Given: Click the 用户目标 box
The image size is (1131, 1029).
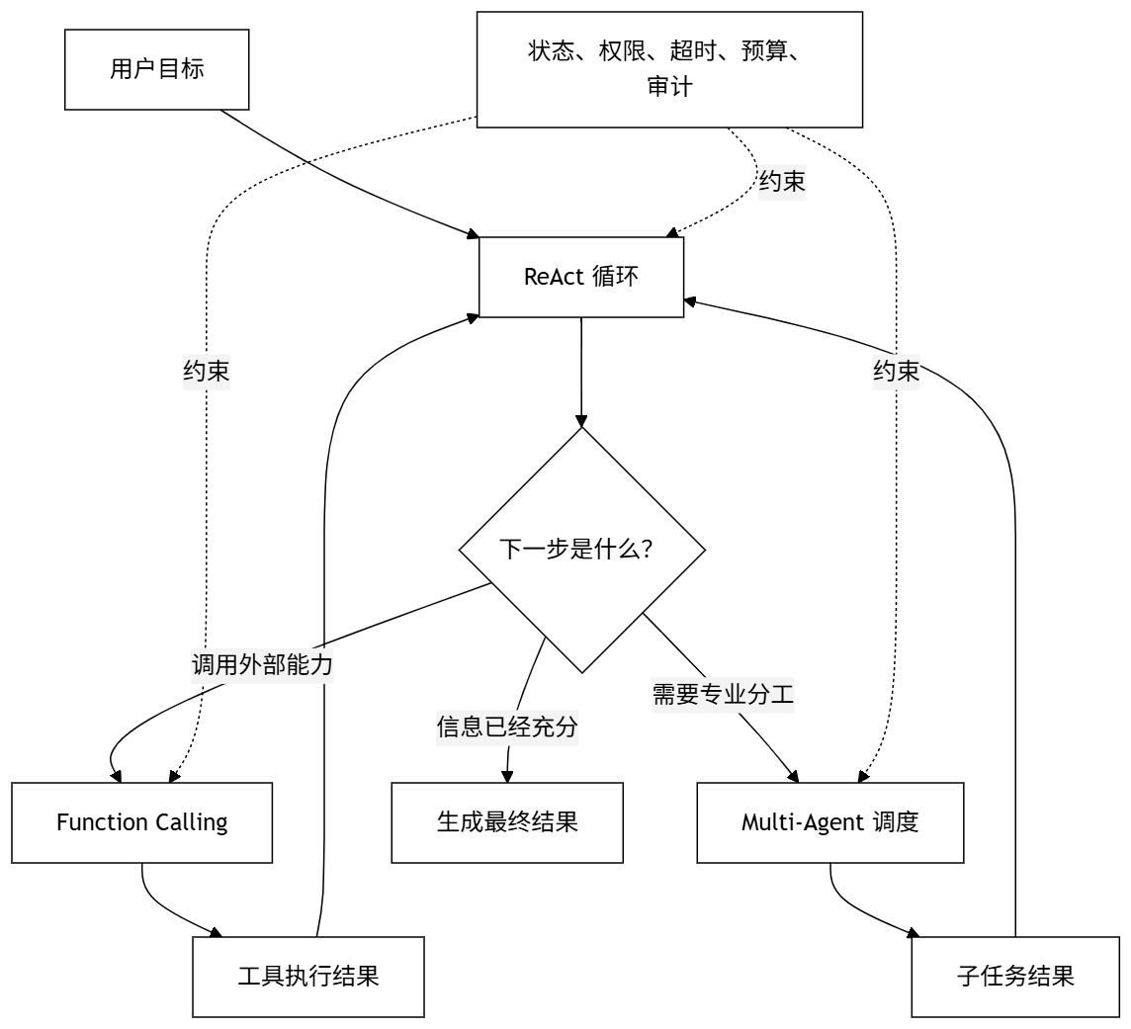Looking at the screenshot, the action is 156,70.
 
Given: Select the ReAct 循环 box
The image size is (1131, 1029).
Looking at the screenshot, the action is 581,277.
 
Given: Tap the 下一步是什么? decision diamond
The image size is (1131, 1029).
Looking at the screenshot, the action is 582,551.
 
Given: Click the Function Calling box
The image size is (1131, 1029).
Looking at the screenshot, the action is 142,822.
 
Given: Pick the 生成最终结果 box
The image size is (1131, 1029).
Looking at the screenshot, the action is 507,822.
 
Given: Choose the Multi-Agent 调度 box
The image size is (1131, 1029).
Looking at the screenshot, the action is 830,822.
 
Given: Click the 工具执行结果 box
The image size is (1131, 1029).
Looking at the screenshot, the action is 308,977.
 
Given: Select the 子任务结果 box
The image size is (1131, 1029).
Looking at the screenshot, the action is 1015,977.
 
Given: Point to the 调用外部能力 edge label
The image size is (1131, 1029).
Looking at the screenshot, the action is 262,664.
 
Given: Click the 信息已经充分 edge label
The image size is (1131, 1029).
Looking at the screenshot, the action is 507,727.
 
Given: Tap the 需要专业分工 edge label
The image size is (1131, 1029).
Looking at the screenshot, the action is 723,695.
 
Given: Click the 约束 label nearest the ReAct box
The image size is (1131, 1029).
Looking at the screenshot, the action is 782,181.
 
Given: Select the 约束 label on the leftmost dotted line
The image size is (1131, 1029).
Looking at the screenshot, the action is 207,372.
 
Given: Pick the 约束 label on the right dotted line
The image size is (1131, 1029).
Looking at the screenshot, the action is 897,372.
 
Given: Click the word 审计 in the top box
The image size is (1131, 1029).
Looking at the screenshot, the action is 670,87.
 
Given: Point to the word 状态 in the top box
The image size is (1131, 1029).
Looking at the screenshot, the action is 551,51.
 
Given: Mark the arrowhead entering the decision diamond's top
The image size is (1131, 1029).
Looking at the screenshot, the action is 581,421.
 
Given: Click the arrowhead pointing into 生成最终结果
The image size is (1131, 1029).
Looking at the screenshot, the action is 507,777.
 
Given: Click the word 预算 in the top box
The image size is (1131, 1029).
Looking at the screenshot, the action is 764,51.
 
